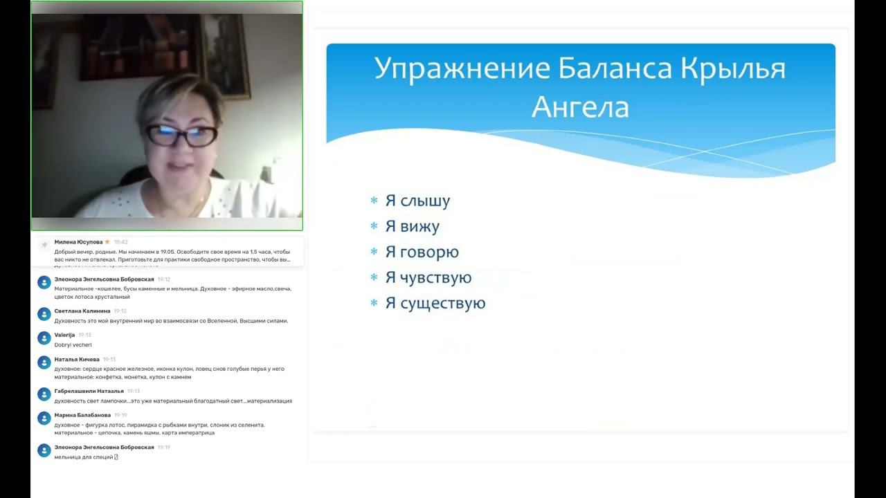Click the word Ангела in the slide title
point(580,107)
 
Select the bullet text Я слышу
point(417,201)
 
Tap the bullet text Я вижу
point(412,227)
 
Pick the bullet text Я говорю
point(422,252)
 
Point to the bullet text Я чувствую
point(428,278)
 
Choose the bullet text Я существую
point(435,304)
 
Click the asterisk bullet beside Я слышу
point(374,201)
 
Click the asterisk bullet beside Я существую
point(374,304)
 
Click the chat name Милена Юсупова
point(78,242)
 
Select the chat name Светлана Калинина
point(82,311)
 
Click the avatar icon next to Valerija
point(44,338)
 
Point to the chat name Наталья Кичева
point(77,360)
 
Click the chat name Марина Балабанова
point(82,416)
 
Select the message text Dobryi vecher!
point(73,344)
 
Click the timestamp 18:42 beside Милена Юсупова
point(120,242)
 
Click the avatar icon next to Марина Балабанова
point(44,419)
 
